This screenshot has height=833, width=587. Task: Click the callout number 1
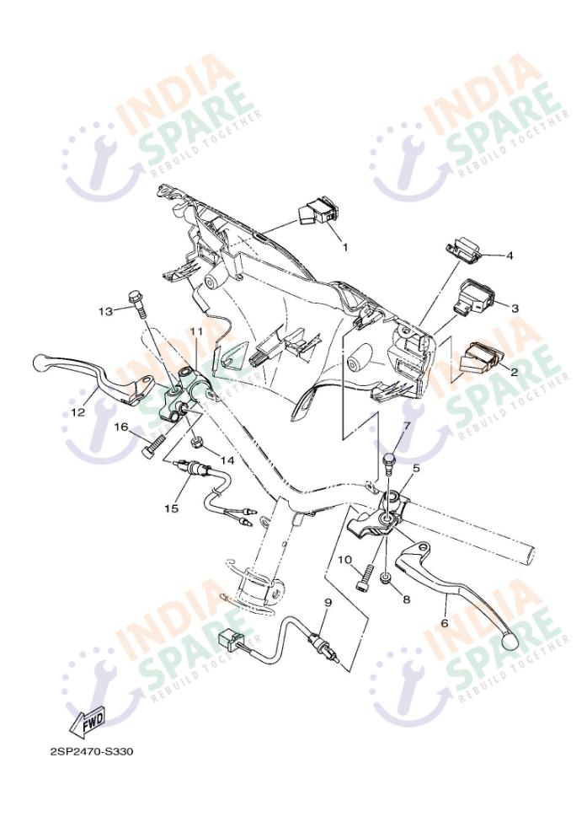click(x=344, y=247)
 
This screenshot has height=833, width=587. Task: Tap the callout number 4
click(x=510, y=256)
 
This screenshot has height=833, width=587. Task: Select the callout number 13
click(x=106, y=311)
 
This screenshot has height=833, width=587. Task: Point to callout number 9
click(x=328, y=603)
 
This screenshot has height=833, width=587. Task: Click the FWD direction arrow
click(x=87, y=722)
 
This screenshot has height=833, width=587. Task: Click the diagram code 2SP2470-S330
click(x=91, y=752)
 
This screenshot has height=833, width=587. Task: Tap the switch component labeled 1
click(x=315, y=214)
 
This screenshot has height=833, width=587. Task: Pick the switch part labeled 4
click(x=464, y=247)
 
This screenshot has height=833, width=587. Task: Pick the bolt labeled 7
click(x=389, y=461)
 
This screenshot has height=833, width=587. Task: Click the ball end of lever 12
click(x=41, y=363)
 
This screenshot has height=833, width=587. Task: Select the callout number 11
click(x=197, y=331)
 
